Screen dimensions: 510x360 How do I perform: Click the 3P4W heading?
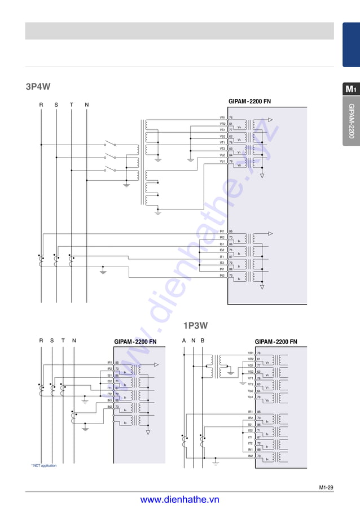pyautogui.click(x=38, y=86)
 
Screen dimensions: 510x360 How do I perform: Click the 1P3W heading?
pyautogui.click(x=195, y=325)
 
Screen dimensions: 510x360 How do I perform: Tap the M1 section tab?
pyautogui.click(x=350, y=89)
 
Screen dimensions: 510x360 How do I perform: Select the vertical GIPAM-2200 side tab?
pyautogui.click(x=351, y=121)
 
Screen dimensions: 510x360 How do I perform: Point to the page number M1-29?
pyautogui.click(x=326, y=486)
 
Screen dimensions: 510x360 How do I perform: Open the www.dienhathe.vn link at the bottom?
pyautogui.click(x=179, y=499)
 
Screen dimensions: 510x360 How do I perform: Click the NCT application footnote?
pyautogui.click(x=44, y=465)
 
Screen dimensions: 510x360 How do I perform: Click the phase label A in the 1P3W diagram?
pyautogui.click(x=184, y=341)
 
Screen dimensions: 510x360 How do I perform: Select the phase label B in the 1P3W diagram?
pyautogui.click(x=203, y=341)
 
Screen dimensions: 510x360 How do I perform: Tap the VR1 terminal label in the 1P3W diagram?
pyautogui.click(x=251, y=353)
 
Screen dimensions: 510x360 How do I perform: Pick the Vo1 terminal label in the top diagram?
pyautogui.click(x=222, y=162)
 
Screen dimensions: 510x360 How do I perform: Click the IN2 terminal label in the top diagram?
pyautogui.click(x=222, y=276)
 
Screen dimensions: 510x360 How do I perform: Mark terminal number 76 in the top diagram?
pyautogui.click(x=231, y=117)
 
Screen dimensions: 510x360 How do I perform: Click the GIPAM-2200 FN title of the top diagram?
pyautogui.click(x=249, y=101)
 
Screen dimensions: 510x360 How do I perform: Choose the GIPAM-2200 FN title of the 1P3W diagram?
pyautogui.click(x=276, y=342)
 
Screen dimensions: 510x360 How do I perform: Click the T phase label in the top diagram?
pyautogui.click(x=71, y=104)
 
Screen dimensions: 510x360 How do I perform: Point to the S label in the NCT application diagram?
pyautogui.click(x=52, y=341)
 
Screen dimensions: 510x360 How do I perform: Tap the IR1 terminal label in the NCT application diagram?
pyautogui.click(x=109, y=362)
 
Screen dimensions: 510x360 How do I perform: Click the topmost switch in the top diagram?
pyautogui.click(x=109, y=145)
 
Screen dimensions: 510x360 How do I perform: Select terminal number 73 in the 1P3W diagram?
pyautogui.click(x=258, y=456)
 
